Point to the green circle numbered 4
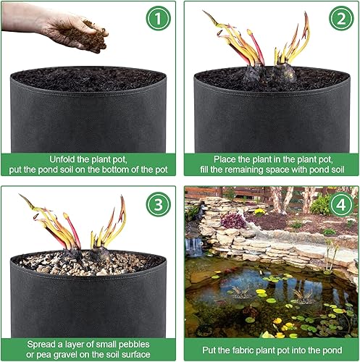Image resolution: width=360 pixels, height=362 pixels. [340, 205]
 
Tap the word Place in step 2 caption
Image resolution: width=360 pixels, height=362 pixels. [226, 159]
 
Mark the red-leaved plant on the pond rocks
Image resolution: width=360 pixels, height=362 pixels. [233, 220]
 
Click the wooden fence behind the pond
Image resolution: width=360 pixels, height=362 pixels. [246, 192]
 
